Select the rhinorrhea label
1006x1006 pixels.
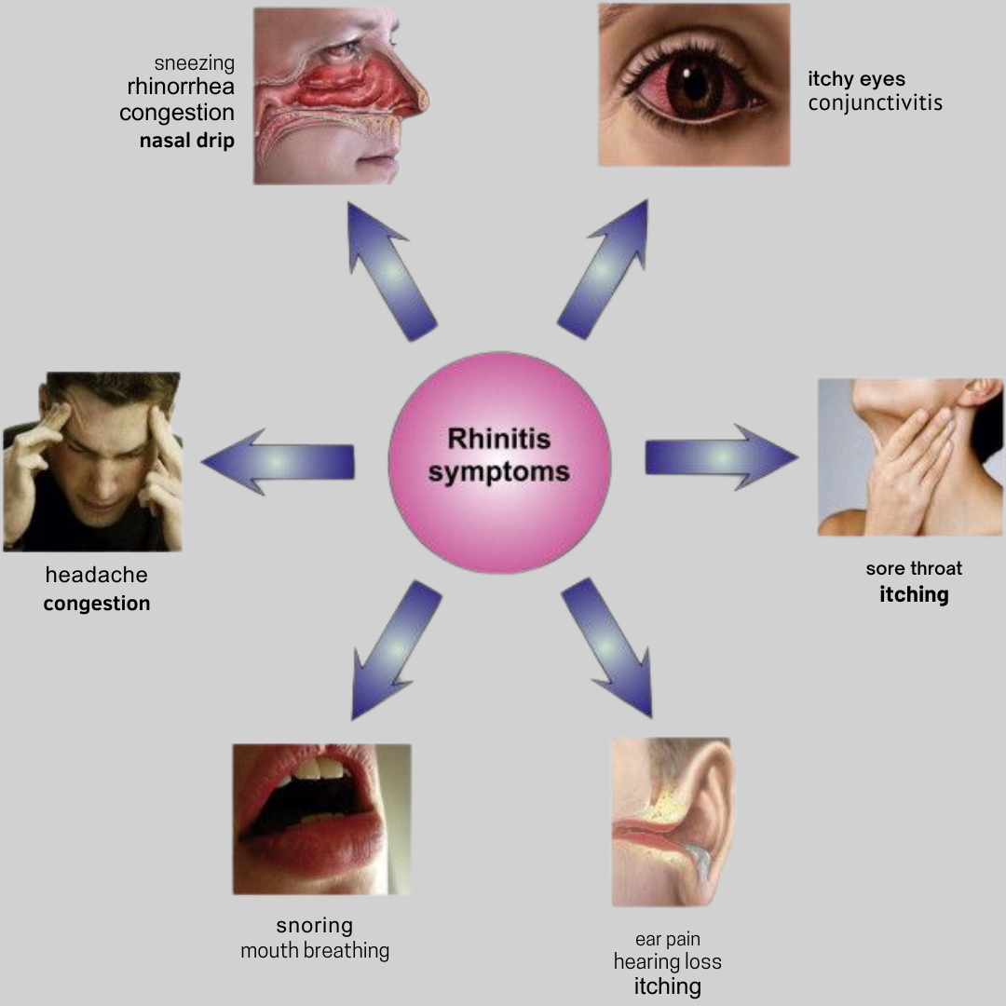click(x=181, y=88)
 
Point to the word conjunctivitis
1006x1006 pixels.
click(x=875, y=103)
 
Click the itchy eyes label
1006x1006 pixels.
click(x=856, y=79)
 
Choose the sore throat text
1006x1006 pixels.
click(x=914, y=568)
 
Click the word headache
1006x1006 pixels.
click(x=96, y=576)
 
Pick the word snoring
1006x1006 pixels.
click(x=314, y=926)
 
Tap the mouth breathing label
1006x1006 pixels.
click(x=314, y=951)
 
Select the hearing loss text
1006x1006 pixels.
click(x=667, y=962)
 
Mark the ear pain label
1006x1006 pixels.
click(x=667, y=939)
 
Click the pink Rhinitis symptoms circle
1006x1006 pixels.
click(x=499, y=461)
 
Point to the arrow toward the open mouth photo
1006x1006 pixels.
click(x=396, y=648)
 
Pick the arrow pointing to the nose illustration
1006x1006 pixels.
click(x=390, y=270)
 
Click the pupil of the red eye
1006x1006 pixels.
click(x=694, y=86)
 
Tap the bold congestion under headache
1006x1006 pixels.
click(x=96, y=604)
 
